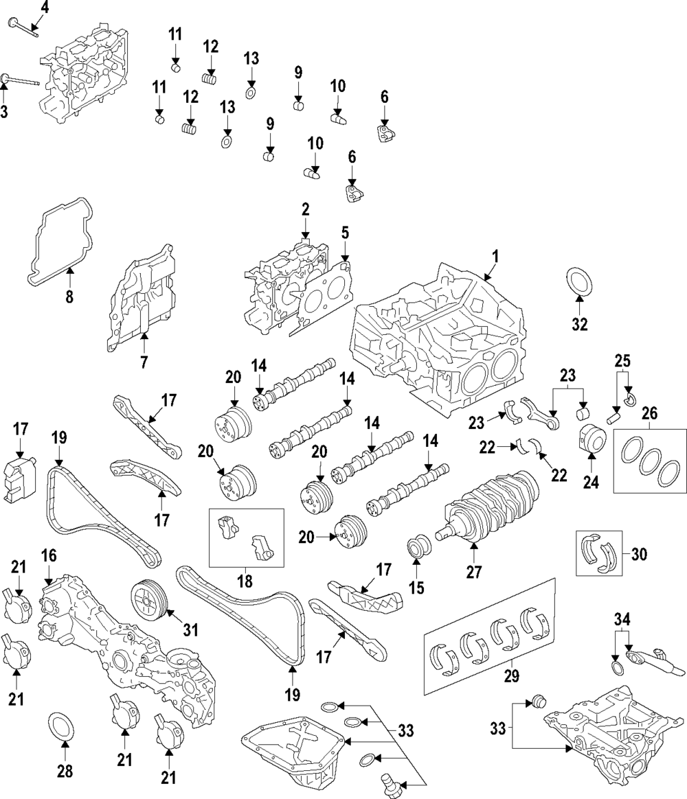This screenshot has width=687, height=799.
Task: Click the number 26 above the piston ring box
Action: [x=649, y=414]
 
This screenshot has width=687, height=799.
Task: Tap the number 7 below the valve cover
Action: [x=144, y=362]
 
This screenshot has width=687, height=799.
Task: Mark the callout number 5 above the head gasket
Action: [x=345, y=232]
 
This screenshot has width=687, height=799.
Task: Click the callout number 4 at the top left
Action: [x=45, y=8]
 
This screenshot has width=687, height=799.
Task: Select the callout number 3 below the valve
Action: [x=4, y=111]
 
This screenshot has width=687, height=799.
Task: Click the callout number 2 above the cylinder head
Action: [x=306, y=208]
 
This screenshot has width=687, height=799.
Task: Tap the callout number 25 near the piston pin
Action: [x=622, y=360]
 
